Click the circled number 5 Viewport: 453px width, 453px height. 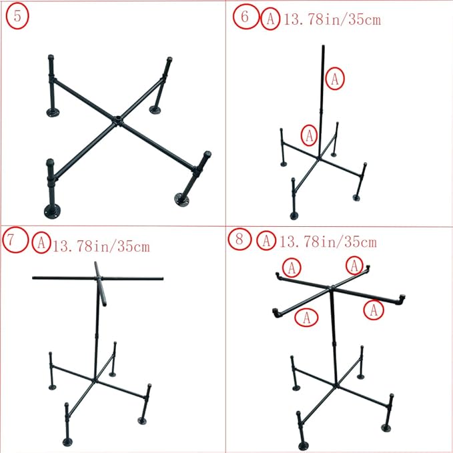(17, 17)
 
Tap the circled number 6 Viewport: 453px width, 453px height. (245, 18)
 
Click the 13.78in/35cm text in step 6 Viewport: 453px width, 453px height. (332, 19)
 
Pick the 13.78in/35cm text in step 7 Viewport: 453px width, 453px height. (101, 246)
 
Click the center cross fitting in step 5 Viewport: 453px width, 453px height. (117, 121)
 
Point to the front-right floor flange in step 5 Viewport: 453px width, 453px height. (181, 198)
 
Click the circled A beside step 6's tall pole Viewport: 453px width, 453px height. (336, 79)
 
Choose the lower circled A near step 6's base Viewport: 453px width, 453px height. (308, 135)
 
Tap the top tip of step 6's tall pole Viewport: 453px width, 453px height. (324, 46)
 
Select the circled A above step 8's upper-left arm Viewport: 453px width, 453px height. (292, 268)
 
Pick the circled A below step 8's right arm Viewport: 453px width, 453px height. (374, 309)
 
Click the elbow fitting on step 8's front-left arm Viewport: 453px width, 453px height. (276, 312)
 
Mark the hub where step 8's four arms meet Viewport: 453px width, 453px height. (332, 289)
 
